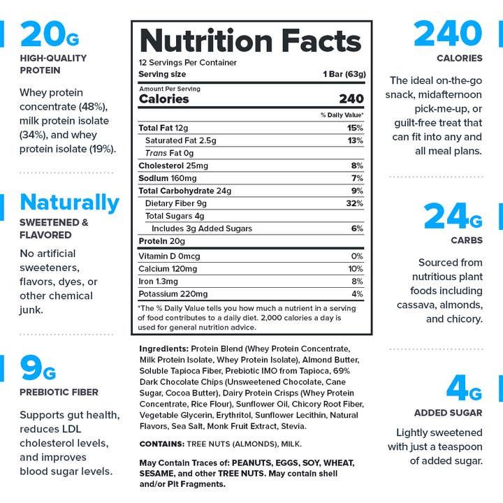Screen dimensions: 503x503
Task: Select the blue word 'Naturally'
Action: (x=69, y=203)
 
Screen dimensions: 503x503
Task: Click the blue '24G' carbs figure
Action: (x=453, y=217)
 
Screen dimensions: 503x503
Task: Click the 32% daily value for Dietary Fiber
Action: (x=355, y=203)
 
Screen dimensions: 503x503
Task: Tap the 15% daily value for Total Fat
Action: (x=355, y=128)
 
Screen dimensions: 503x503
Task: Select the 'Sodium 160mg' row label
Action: (x=168, y=178)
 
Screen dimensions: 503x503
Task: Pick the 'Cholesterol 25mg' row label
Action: (x=173, y=166)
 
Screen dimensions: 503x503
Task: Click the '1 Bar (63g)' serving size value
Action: (x=344, y=74)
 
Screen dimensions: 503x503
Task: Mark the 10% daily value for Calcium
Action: (x=356, y=269)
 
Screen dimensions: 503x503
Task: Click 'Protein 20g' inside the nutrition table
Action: (x=161, y=241)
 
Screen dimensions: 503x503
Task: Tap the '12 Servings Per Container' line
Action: (x=187, y=63)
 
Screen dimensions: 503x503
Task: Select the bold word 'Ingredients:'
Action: (x=164, y=348)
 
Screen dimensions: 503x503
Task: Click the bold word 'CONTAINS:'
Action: (x=161, y=444)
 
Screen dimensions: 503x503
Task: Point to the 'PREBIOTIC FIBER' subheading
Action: (x=59, y=392)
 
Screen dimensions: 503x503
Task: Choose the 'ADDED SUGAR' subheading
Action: (x=448, y=413)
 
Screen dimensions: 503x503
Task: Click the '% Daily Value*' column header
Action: (x=342, y=115)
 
